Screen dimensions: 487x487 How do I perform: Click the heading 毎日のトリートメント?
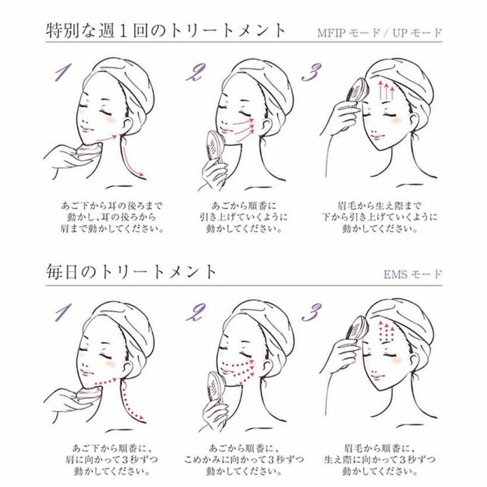[x=131, y=272]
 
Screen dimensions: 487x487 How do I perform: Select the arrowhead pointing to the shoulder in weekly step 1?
[x=141, y=175]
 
